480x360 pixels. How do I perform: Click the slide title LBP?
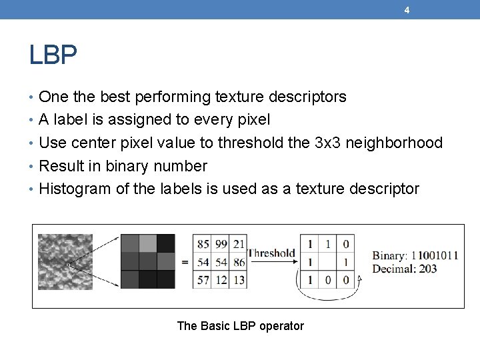(x=53, y=55)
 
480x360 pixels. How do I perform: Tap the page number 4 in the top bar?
(x=407, y=10)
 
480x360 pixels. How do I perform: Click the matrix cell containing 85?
(x=203, y=244)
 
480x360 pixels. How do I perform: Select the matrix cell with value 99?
(x=221, y=244)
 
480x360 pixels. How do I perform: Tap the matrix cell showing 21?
(x=238, y=244)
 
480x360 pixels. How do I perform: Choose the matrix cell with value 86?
(x=238, y=263)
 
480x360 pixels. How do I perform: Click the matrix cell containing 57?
(x=203, y=280)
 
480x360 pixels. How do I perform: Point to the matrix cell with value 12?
(x=221, y=280)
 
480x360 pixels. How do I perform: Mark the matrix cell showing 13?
(x=238, y=280)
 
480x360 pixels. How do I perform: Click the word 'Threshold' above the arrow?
(x=271, y=253)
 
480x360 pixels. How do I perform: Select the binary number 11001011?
(x=434, y=255)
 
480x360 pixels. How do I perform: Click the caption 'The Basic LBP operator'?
(x=240, y=326)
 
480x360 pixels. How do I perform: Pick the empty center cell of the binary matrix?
(x=328, y=263)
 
